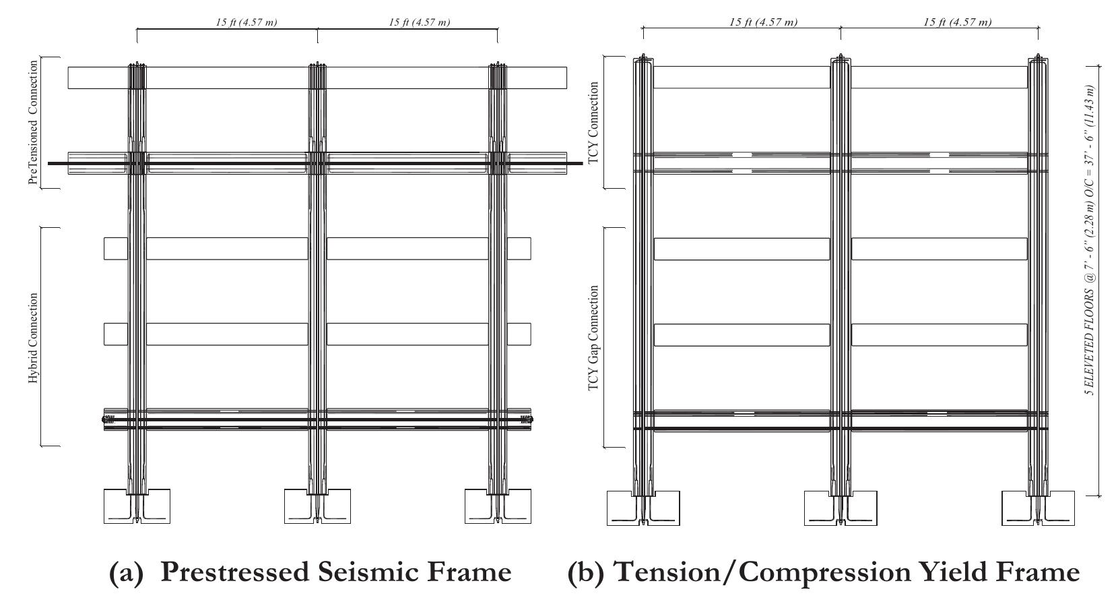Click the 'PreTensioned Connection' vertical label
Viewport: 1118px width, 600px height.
(x=34, y=123)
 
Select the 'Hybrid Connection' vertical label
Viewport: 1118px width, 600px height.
(x=34, y=338)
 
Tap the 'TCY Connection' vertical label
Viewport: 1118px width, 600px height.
(x=593, y=123)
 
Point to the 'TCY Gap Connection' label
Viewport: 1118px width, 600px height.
(x=593, y=338)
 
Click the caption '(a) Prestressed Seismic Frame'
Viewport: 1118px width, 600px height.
(x=310, y=572)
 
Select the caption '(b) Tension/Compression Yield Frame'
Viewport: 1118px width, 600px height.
(x=824, y=572)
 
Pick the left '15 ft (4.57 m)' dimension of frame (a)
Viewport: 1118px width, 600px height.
(x=246, y=22)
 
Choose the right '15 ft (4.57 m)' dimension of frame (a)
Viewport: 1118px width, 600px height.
(x=419, y=22)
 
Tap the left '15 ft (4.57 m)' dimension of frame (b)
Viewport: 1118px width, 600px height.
(x=763, y=22)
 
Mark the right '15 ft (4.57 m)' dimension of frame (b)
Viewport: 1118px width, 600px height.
(x=957, y=22)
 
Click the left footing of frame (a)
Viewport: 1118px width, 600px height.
(x=137, y=506)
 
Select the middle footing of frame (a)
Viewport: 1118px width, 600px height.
(x=317, y=506)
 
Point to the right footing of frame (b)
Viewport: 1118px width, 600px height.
(x=1037, y=508)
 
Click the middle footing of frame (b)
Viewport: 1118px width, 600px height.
(x=841, y=508)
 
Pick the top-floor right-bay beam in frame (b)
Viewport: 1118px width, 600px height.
(x=939, y=78)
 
